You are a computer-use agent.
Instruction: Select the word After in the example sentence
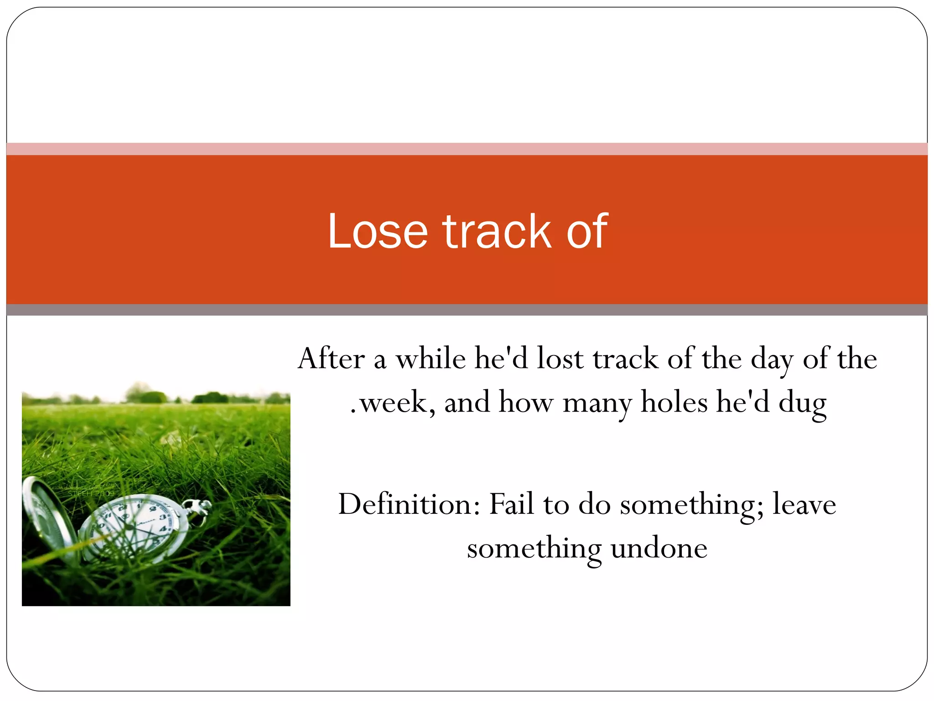point(332,359)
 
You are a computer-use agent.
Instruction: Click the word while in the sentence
point(431,359)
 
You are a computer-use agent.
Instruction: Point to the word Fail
point(511,504)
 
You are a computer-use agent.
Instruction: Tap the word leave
point(804,505)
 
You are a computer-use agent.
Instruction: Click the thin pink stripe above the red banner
point(467,149)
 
